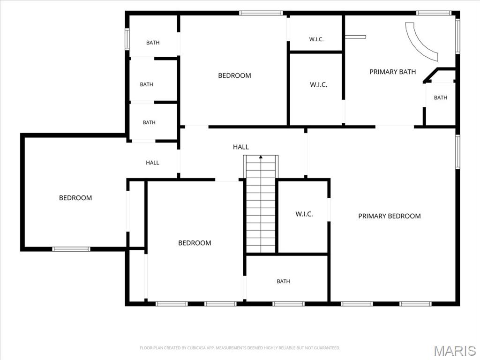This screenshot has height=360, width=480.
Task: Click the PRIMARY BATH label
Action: (x=392, y=72)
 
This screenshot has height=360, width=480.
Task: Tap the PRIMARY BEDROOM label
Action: (x=390, y=216)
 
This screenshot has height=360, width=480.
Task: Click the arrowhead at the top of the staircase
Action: (x=261, y=157)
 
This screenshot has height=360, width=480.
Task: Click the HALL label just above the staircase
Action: (x=241, y=147)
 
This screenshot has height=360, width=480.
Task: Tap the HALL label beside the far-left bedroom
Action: (x=152, y=163)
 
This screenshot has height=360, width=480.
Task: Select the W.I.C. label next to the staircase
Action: (x=304, y=214)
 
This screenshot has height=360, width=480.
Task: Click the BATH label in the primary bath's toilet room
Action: (x=441, y=97)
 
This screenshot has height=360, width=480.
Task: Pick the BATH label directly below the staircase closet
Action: (x=283, y=281)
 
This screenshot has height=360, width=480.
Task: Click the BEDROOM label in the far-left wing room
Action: (x=75, y=198)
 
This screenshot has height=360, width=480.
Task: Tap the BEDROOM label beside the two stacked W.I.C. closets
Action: (x=234, y=75)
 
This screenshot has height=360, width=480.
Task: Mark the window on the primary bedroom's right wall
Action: (x=457, y=152)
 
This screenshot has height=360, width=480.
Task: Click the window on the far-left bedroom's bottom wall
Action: (x=71, y=249)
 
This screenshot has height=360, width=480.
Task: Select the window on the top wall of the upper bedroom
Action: (x=261, y=13)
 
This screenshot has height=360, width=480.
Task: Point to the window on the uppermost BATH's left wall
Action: (x=127, y=39)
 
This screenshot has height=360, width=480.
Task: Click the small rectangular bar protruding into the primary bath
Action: (x=355, y=37)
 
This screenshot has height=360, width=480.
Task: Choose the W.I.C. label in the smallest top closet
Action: (x=316, y=39)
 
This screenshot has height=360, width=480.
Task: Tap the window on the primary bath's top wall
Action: (x=434, y=13)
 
